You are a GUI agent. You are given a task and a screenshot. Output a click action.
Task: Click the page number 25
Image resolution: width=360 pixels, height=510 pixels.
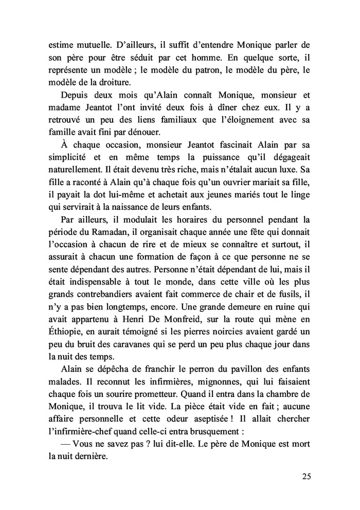pos(306,476)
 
